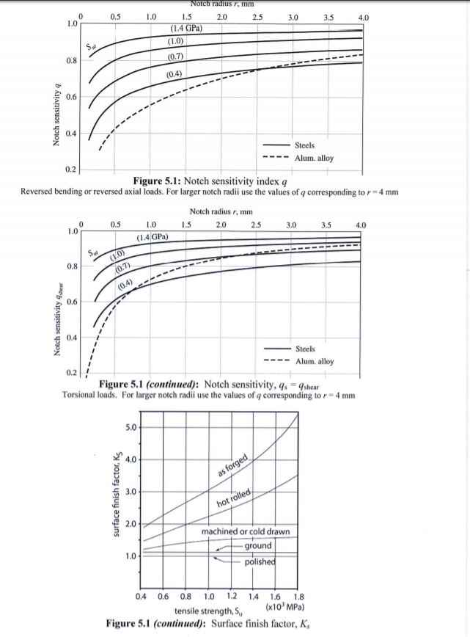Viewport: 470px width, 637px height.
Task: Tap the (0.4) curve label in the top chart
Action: coord(175,74)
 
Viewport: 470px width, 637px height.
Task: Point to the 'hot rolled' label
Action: coord(235,502)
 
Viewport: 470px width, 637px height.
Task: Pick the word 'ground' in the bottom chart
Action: coord(258,546)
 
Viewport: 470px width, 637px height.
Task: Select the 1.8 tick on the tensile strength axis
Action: coord(298,597)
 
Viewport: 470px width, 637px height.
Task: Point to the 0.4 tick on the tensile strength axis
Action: coord(144,597)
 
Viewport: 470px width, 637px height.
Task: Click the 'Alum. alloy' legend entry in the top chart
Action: coord(314,158)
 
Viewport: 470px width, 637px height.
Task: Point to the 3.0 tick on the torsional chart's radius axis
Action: coord(290,223)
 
